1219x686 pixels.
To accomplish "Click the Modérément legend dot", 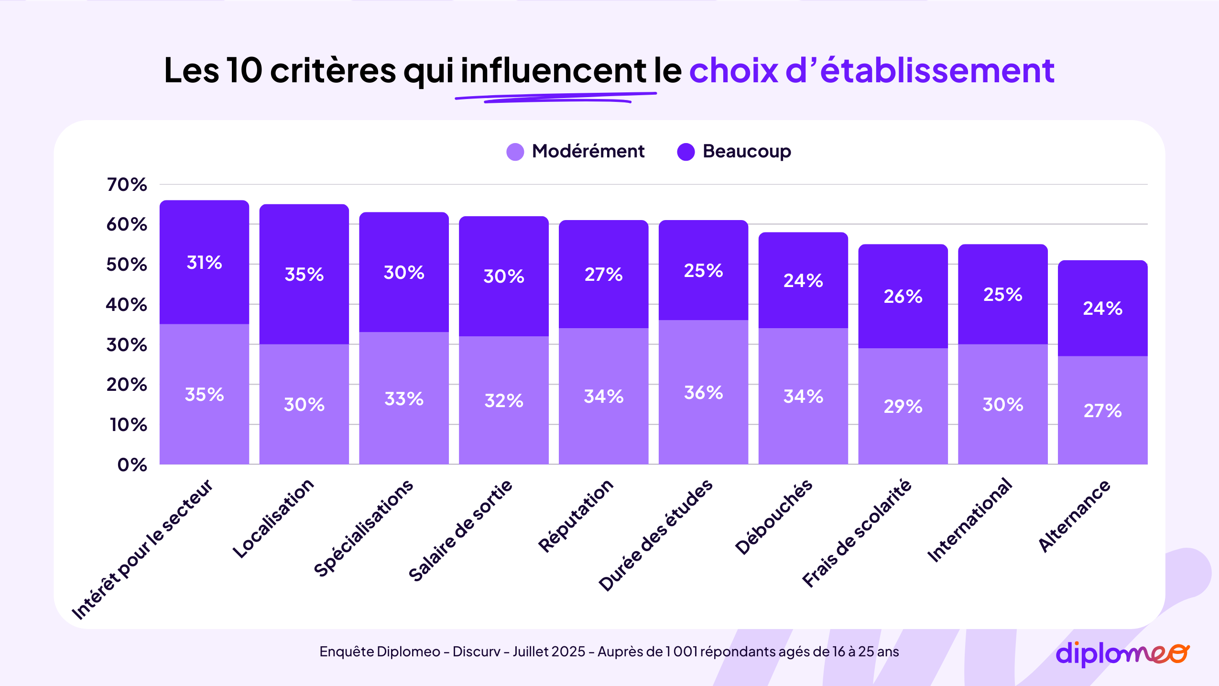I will pyautogui.click(x=515, y=152).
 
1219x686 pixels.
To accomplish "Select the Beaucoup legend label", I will pyautogui.click(x=746, y=151).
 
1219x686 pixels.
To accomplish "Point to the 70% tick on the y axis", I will pyautogui.click(x=127, y=184).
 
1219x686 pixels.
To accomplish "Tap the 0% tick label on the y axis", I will pyautogui.click(x=132, y=465).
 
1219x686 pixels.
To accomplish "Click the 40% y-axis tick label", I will pyautogui.click(x=127, y=304).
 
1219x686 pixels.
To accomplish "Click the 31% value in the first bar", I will pyautogui.click(x=204, y=262).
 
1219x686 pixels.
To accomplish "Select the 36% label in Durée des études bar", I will pyautogui.click(x=703, y=392).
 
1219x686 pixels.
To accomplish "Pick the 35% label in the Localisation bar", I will pyautogui.click(x=304, y=274).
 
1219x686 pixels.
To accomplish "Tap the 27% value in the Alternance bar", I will pyautogui.click(x=1102, y=410).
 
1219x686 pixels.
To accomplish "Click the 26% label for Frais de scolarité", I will pyautogui.click(x=903, y=296).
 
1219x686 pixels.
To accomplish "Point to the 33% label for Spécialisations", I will pyautogui.click(x=404, y=398).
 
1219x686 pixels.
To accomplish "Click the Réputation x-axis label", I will pyautogui.click(x=576, y=516).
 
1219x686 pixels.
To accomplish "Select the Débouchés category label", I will pyautogui.click(x=773, y=517).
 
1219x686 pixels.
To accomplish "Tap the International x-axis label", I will pyautogui.click(x=969, y=520).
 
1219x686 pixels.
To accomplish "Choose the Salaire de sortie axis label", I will pyautogui.click(x=460, y=530).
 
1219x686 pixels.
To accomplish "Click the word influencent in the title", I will pyautogui.click(x=553, y=70).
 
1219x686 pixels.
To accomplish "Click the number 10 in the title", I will pyautogui.click(x=244, y=70).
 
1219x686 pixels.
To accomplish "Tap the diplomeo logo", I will pyautogui.click(x=1121, y=653).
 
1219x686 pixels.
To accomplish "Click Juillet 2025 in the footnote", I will pyautogui.click(x=549, y=652).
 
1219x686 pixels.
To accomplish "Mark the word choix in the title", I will pyautogui.click(x=733, y=70).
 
